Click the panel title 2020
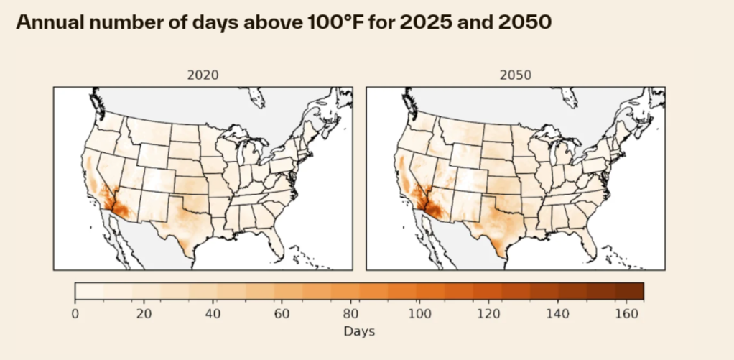(x=203, y=75)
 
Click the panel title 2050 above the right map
(x=516, y=75)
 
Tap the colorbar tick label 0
(x=75, y=313)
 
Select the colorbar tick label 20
(x=144, y=313)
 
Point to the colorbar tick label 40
(x=213, y=313)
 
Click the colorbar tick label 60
(x=282, y=313)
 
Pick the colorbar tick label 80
(x=350, y=313)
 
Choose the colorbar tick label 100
(x=419, y=313)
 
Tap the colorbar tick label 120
(x=488, y=313)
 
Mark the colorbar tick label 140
(x=557, y=313)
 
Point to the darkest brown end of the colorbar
(x=636, y=291)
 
